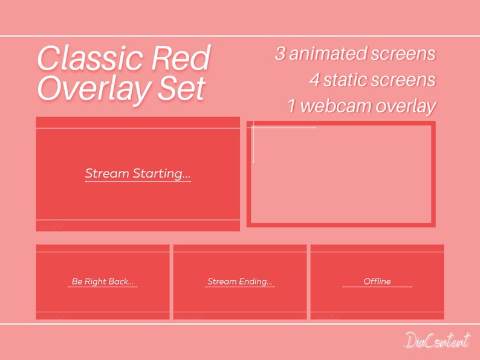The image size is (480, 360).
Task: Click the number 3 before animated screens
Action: (x=281, y=54)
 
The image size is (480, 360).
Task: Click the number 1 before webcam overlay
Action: (x=292, y=106)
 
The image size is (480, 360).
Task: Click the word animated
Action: (x=330, y=54)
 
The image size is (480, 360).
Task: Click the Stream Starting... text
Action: (x=137, y=174)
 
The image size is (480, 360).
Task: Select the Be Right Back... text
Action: (x=102, y=281)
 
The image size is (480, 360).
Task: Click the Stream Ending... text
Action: (x=239, y=281)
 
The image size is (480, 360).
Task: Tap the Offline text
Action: (x=377, y=281)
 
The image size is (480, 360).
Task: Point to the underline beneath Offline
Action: (x=377, y=287)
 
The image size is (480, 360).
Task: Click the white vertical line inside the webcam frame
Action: (x=253, y=142)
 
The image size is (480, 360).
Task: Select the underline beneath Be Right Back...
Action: (x=102, y=287)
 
